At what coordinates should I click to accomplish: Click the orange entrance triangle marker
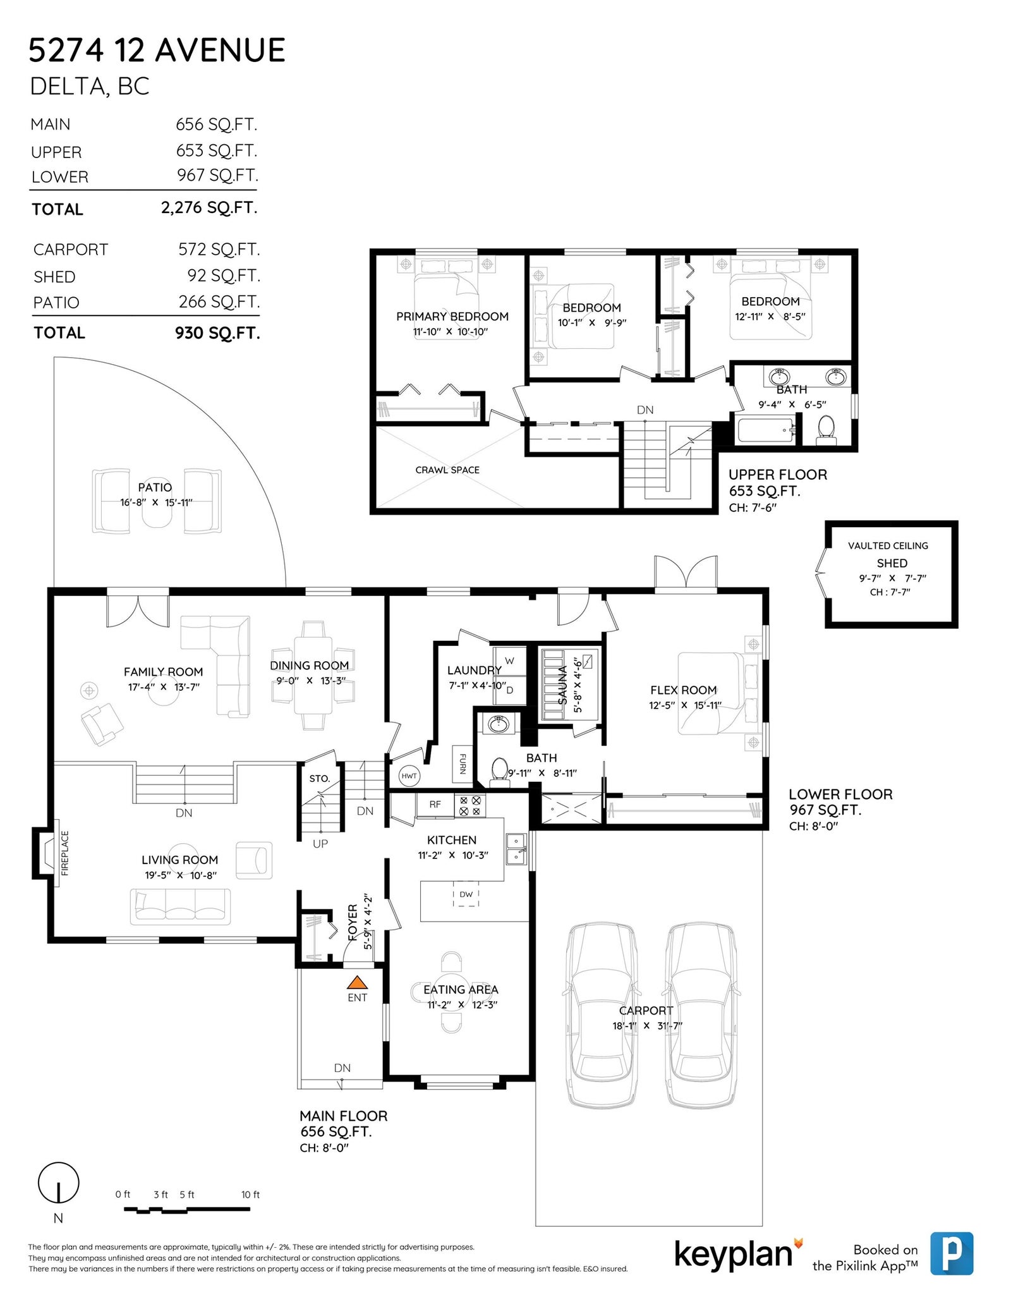[357, 982]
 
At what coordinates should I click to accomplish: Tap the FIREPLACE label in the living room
[64, 853]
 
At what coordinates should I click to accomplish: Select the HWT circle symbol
[409, 776]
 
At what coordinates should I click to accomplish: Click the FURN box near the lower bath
[462, 764]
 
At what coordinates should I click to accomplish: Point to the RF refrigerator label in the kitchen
[435, 805]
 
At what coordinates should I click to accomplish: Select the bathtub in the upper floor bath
[766, 430]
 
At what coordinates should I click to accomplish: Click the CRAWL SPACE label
[447, 470]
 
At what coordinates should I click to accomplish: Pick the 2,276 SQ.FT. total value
[209, 208]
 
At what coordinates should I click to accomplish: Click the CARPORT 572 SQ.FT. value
[219, 250]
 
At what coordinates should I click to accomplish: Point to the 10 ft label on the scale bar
[250, 1195]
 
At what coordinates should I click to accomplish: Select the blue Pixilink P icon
[952, 1253]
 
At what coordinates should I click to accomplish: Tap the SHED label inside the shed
[892, 563]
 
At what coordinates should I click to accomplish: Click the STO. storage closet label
[320, 779]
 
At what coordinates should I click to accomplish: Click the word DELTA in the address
[68, 87]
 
